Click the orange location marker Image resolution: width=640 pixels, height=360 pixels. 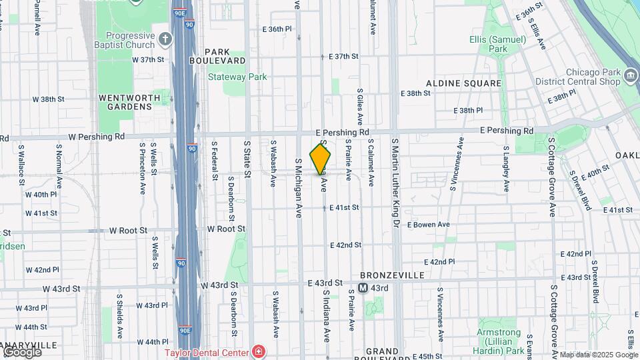pyautogui.click(x=321, y=160)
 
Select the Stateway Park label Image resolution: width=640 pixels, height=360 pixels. pyautogui.click(x=237, y=77)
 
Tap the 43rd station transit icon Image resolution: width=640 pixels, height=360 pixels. pyautogui.click(x=363, y=288)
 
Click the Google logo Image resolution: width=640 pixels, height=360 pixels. pyautogui.click(x=21, y=351)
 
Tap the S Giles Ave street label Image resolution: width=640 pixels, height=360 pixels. pyautogui.click(x=359, y=107)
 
